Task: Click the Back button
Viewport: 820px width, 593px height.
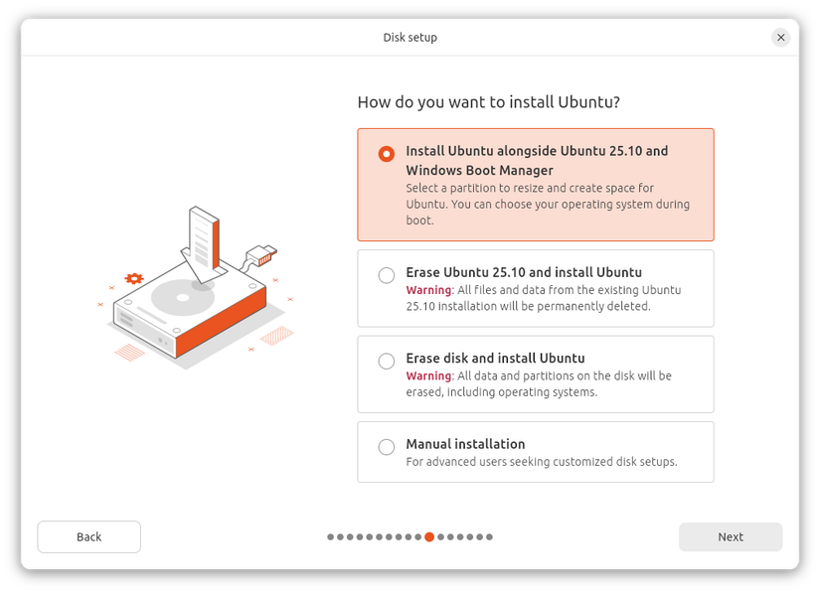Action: [x=88, y=536]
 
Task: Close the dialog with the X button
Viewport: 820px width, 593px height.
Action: [x=781, y=37]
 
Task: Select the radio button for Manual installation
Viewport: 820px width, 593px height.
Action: [x=387, y=447]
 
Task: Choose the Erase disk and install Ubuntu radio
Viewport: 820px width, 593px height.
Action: [x=387, y=361]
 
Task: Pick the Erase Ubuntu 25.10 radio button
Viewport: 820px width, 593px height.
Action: [x=387, y=275]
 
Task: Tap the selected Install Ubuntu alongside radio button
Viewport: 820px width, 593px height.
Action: [x=387, y=154]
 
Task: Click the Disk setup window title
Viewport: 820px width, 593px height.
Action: [x=410, y=37]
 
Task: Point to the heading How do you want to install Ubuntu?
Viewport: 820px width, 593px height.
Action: [x=488, y=102]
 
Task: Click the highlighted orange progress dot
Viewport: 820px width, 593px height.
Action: [x=429, y=536]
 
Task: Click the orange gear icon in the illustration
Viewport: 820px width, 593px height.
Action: [x=134, y=278]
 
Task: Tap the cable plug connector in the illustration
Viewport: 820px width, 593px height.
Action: [x=262, y=255]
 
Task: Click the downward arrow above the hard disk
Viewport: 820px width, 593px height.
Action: [x=204, y=244]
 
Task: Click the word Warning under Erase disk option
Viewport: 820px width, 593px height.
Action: [x=428, y=375]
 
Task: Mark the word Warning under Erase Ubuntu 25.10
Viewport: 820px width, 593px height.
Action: [x=428, y=290]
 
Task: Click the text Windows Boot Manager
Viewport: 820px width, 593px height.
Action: [x=479, y=170]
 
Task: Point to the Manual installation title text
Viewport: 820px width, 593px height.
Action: [x=465, y=444]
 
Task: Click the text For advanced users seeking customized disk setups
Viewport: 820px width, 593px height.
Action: [x=542, y=462]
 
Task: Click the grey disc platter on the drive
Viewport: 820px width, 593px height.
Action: [x=183, y=298]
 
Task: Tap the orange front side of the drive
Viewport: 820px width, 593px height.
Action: [x=221, y=323]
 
